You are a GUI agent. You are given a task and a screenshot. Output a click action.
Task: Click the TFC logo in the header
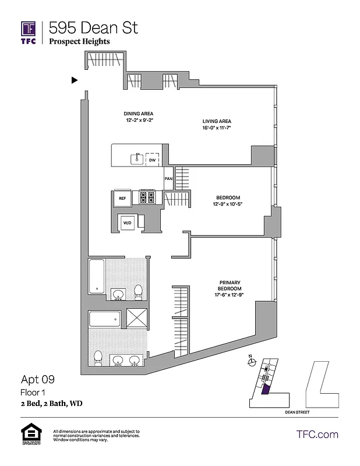pyautogui.click(x=29, y=33)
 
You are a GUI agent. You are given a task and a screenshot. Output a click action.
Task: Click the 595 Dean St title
pyautogui.click(x=93, y=27)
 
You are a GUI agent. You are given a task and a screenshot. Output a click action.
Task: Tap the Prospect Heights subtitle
pyautogui.click(x=79, y=41)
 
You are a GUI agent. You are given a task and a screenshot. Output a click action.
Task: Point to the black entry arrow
pyautogui.click(x=74, y=80)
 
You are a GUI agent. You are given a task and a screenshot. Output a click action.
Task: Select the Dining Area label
pyautogui.click(x=138, y=114)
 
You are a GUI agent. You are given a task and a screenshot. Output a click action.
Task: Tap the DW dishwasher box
pyautogui.click(x=151, y=159)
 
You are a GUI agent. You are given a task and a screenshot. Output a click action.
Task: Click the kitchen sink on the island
pyautogui.click(x=137, y=158)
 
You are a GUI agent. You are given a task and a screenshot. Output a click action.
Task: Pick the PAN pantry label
pyautogui.click(x=168, y=179)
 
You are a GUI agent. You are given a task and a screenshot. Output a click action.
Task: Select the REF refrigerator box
pyautogui.click(x=122, y=198)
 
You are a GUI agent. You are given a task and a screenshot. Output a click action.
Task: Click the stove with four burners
pyautogui.click(x=147, y=198)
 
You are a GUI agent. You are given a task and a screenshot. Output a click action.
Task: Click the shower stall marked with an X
pyautogui.click(x=137, y=320)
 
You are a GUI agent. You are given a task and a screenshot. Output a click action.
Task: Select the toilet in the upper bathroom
pyautogui.click(x=139, y=290)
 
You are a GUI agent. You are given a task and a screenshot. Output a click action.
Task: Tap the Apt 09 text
pyautogui.click(x=38, y=380)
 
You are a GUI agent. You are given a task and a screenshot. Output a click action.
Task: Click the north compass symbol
pyautogui.click(x=252, y=362)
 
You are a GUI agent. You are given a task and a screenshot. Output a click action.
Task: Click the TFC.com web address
pyautogui.click(x=317, y=435)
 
